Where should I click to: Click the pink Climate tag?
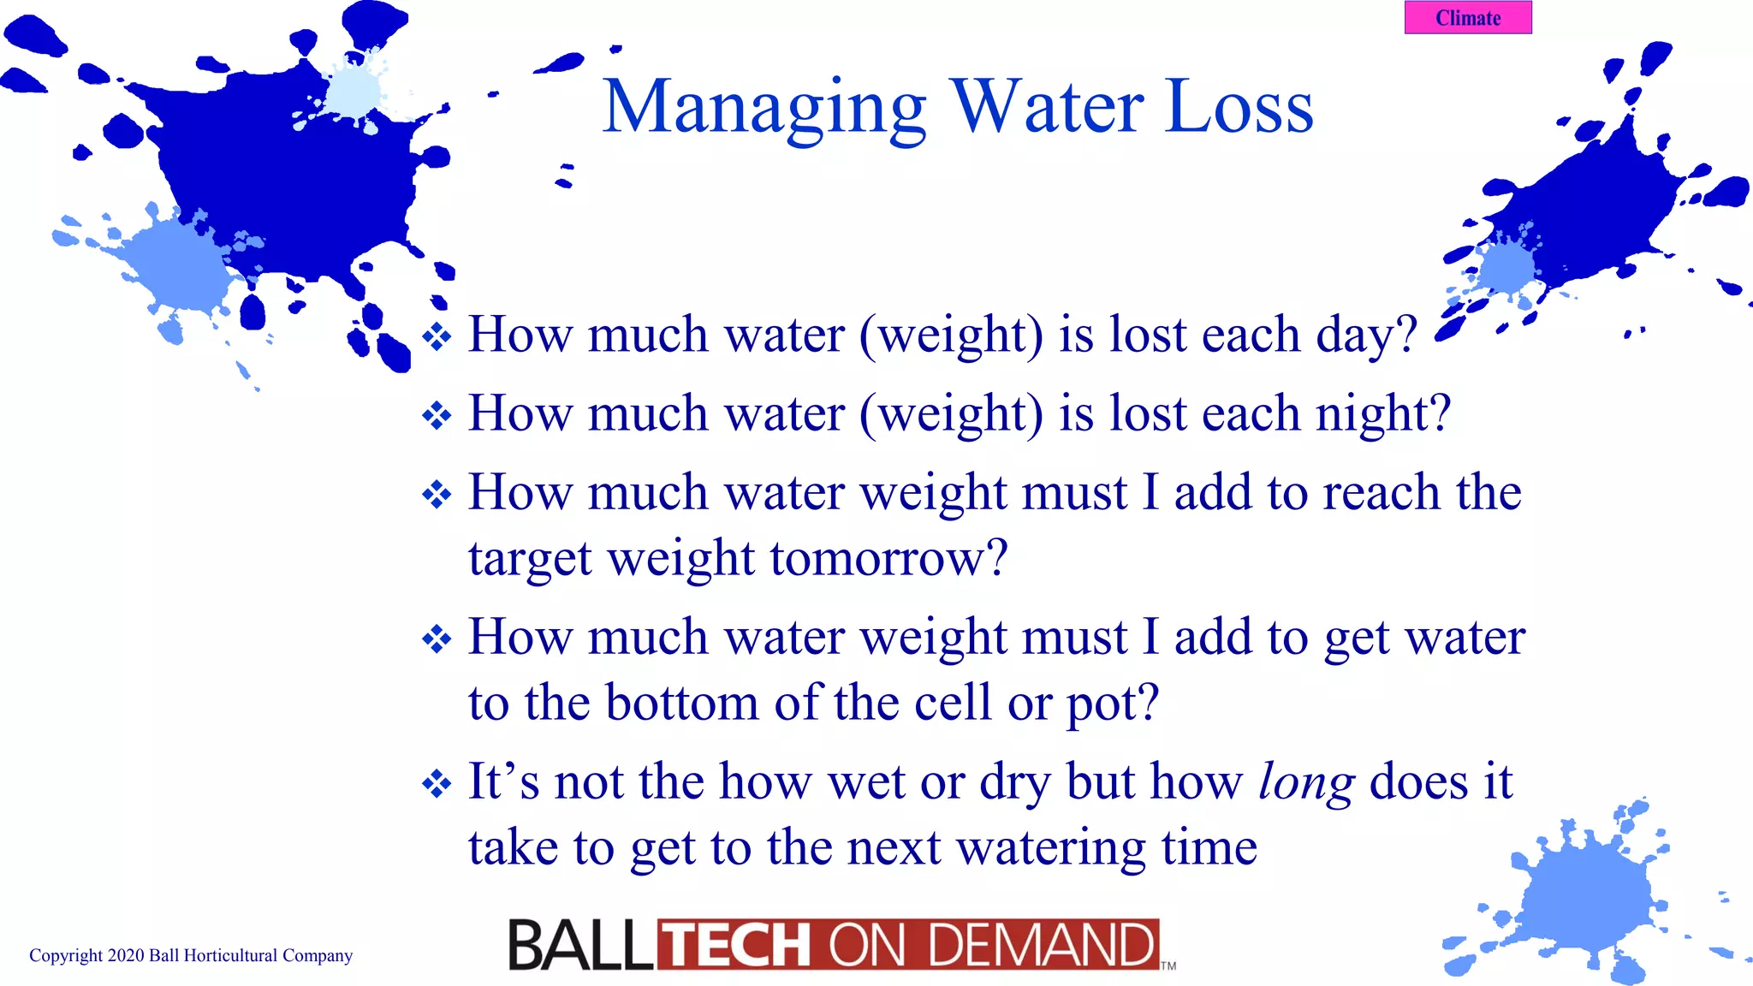[1468, 18]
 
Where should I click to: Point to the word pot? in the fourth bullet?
[1112, 704]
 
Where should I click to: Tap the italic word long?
[1306, 782]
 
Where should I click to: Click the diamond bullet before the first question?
[437, 336]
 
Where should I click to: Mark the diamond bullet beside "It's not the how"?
[437, 783]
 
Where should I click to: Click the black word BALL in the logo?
[580, 946]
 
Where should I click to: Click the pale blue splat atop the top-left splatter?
[353, 90]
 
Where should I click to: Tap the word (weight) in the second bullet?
[951, 414]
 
